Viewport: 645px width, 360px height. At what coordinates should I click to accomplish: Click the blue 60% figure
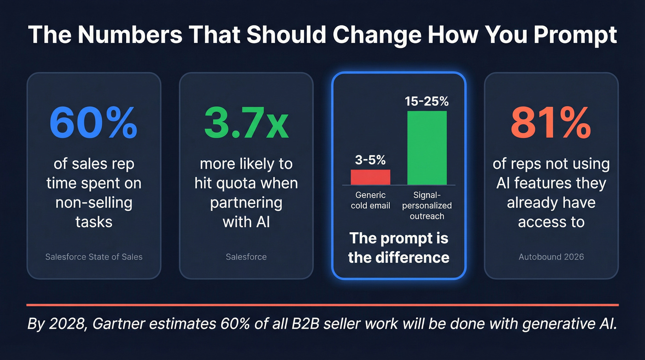pyautogui.click(x=94, y=124)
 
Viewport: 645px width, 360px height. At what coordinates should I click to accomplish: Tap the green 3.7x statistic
pyautogui.click(x=246, y=124)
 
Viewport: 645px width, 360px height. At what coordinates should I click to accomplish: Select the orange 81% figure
pyautogui.click(x=551, y=124)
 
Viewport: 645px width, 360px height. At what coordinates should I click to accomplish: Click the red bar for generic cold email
pyautogui.click(x=370, y=177)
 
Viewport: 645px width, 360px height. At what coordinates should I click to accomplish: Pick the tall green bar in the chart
pyautogui.click(x=427, y=148)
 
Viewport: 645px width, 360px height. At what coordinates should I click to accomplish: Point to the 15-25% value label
pyautogui.click(x=427, y=101)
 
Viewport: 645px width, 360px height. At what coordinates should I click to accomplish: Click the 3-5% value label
pyautogui.click(x=370, y=160)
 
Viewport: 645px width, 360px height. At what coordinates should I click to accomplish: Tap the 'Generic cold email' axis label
pyautogui.click(x=370, y=200)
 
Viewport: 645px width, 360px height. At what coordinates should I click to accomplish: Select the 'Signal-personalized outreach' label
pyautogui.click(x=427, y=206)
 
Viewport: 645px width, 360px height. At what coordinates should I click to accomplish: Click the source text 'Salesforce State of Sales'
pyautogui.click(x=94, y=257)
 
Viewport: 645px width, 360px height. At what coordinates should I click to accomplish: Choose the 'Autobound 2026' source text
pyautogui.click(x=551, y=257)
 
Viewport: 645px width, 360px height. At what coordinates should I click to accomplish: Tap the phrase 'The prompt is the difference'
pyautogui.click(x=399, y=248)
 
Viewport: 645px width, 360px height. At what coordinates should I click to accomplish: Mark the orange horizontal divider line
pyautogui.click(x=322, y=305)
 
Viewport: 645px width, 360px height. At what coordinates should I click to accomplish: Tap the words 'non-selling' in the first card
pyautogui.click(x=94, y=203)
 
